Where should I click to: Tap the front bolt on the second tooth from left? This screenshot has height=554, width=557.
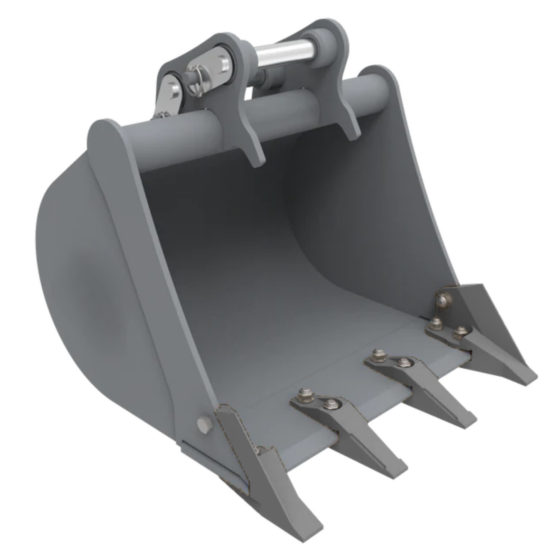pyautogui.click(x=330, y=404)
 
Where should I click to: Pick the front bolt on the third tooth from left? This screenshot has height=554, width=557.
pyautogui.click(x=404, y=362)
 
